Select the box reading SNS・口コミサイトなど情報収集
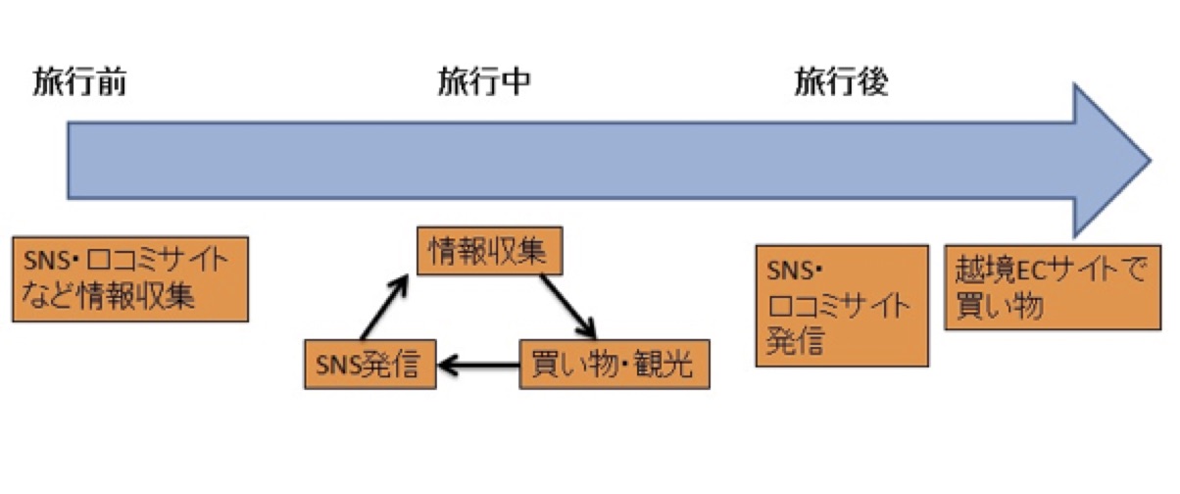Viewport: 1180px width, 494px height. (x=129, y=278)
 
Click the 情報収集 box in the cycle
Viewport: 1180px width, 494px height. (x=488, y=252)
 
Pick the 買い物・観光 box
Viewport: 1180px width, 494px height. (x=613, y=365)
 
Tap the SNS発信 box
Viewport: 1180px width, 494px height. (x=369, y=365)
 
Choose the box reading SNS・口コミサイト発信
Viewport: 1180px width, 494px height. (x=842, y=306)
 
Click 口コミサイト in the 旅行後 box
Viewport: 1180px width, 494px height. (x=837, y=305)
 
